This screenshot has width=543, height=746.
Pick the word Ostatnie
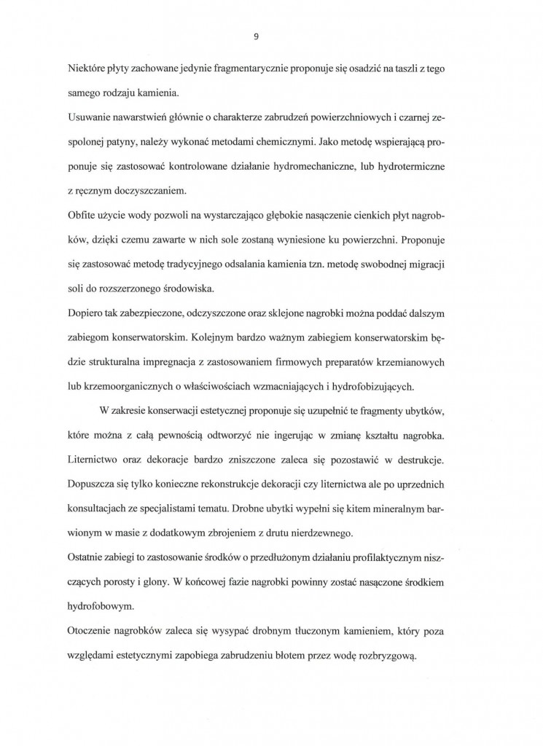[x=87, y=558]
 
